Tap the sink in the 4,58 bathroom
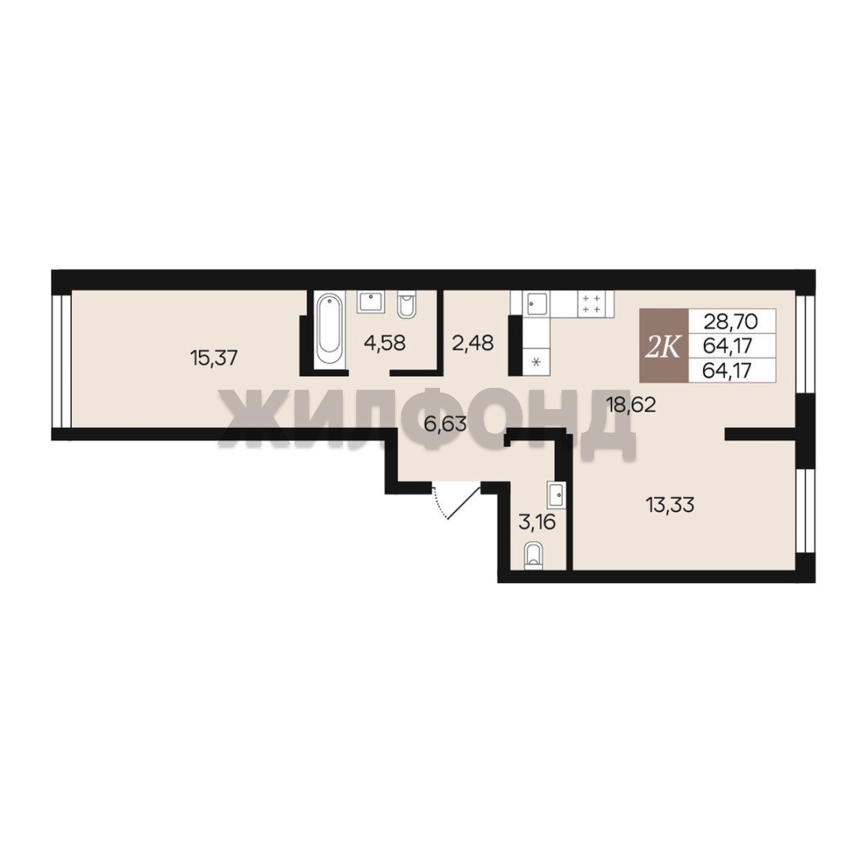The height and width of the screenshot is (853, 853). pos(371,302)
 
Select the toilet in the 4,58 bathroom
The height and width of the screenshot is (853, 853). pos(407,305)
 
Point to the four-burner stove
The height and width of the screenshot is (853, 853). pos(592,303)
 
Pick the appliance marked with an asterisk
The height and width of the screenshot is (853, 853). pos(536,362)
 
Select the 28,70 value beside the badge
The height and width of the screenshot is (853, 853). pos(731,321)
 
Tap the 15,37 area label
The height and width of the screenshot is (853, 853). pos(214,358)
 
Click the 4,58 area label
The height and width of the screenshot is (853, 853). pos(385,344)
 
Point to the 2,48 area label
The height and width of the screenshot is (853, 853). pos(473,344)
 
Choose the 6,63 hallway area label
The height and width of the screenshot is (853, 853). pos(445,424)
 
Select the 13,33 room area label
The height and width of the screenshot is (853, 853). pos(671,505)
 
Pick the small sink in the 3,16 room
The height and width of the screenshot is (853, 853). pos(557,495)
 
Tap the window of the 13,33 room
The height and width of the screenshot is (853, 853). pos(805,510)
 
